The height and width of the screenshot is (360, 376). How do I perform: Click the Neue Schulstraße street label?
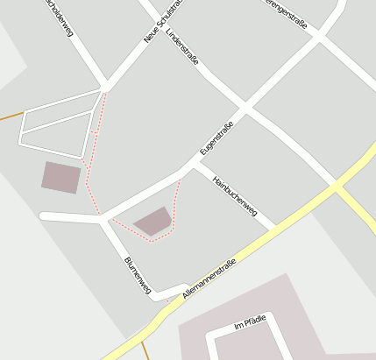point(163,21)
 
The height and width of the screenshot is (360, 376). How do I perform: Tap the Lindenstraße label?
point(182,49)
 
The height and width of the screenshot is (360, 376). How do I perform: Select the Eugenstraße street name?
point(216,138)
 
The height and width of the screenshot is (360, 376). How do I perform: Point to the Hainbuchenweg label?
point(238,194)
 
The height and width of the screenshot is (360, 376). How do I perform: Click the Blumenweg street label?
point(138,274)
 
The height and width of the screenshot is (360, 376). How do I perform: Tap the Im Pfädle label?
point(249,325)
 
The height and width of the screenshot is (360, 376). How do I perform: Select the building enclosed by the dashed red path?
point(153,221)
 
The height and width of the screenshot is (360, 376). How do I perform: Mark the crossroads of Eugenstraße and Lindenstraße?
point(245,109)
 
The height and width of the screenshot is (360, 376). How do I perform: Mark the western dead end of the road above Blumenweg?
point(43,215)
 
